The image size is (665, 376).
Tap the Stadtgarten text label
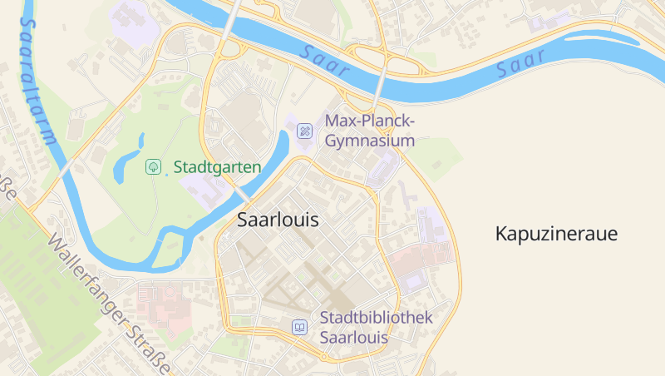pos(217,167)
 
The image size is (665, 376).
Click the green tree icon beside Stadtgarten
pos(153,167)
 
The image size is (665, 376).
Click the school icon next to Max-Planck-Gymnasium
pos(305,131)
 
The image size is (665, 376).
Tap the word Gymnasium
pos(369,141)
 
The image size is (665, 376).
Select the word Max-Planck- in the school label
pos(369,121)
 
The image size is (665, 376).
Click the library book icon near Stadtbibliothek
pos(299,328)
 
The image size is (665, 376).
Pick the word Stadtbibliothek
pos(376,318)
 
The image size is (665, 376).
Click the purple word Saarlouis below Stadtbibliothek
pos(353,338)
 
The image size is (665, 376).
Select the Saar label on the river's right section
pos(521,65)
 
